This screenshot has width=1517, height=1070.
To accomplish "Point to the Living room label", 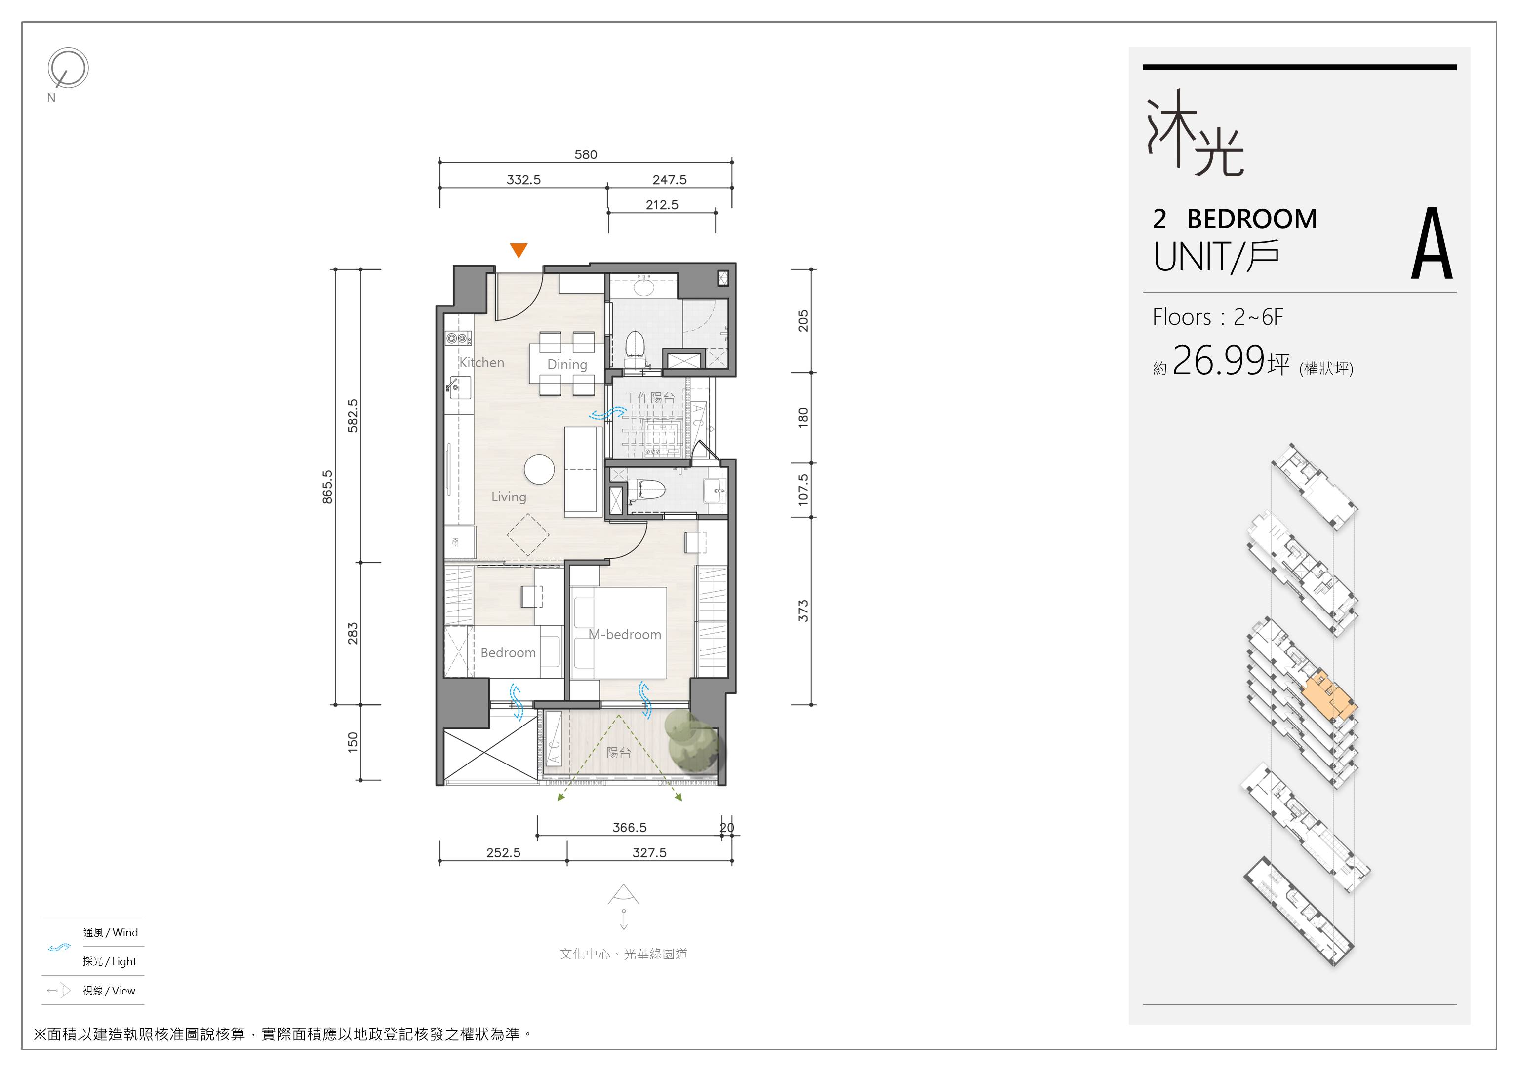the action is coord(509,497).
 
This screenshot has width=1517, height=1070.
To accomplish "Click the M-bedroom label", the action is coord(625,634).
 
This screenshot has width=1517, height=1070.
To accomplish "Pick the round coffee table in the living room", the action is coord(539,469).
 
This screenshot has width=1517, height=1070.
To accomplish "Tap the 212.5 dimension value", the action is coord(662,205).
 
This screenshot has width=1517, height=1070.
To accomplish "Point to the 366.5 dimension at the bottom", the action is coord(630,827).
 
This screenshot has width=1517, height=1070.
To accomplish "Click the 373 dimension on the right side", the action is coord(803,611).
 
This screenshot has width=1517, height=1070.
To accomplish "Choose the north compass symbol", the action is coord(67,68).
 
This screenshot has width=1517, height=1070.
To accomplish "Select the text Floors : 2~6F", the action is coord(1218,317).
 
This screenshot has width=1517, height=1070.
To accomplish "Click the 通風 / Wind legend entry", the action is coord(110,933).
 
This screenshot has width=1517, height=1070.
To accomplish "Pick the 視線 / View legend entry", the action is coord(109,991).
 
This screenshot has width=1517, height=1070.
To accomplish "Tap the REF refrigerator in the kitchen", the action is coord(459,542).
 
